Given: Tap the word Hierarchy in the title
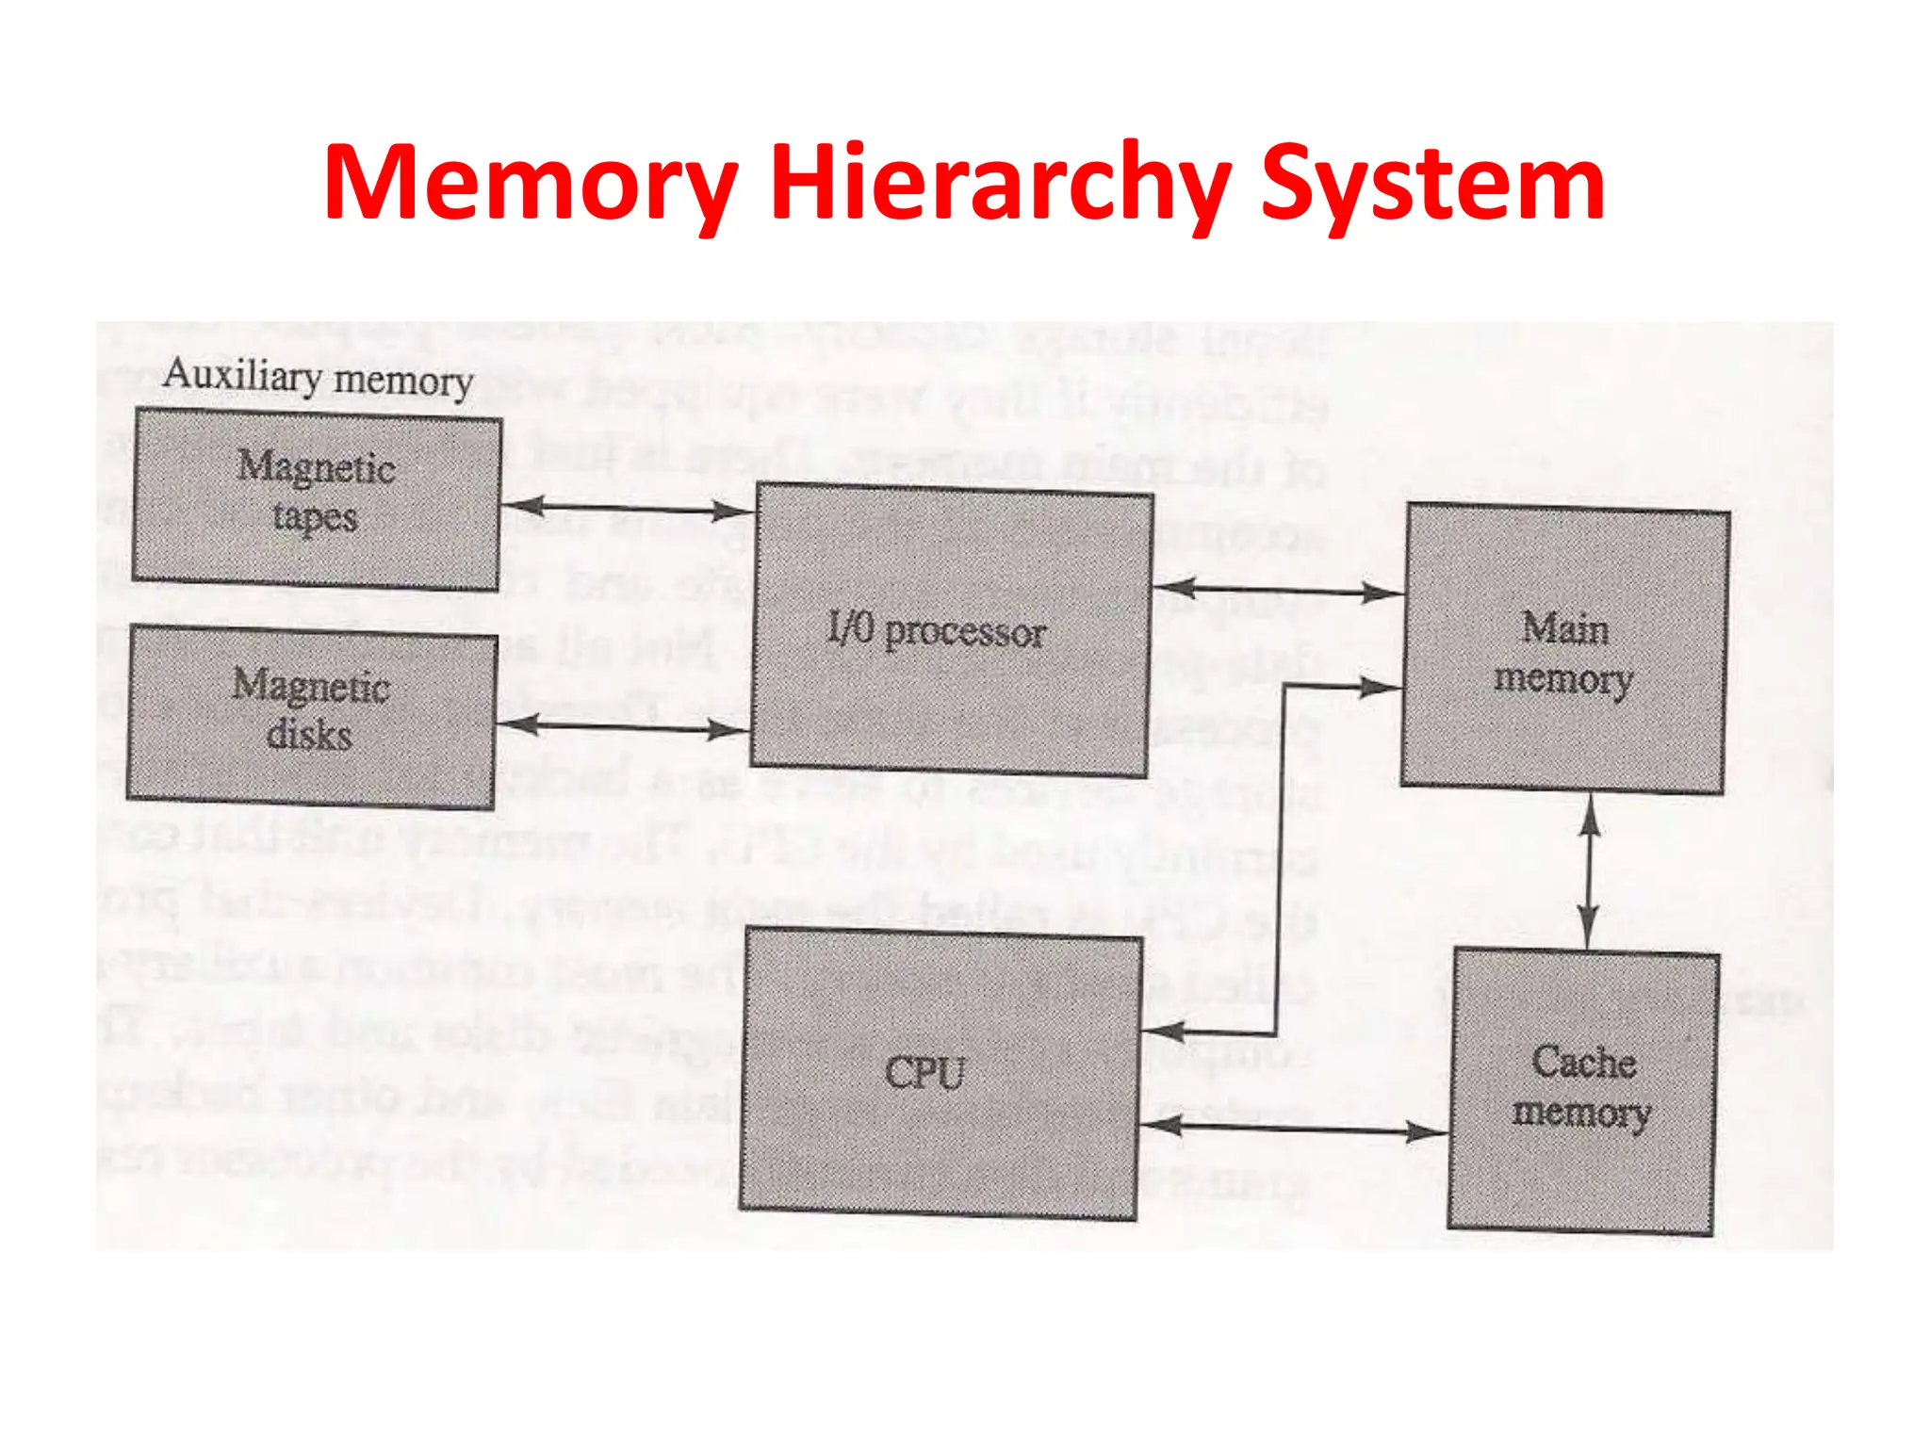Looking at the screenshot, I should point(1000,183).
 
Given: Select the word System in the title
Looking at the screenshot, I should point(1432,183).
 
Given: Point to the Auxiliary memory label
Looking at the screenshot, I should point(318,378).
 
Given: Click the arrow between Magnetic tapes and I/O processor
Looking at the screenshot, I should point(628,509).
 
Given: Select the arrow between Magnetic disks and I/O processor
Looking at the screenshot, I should point(622,726).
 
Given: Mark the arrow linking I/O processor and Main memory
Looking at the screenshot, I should point(1278,591).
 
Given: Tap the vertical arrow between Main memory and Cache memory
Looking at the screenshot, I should point(1589,871).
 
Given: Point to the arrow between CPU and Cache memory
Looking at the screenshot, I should point(1293,1128).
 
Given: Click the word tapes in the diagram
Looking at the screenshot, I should point(315,517).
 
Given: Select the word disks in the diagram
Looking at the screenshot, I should point(309,735).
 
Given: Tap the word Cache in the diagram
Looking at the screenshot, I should point(1583,1063).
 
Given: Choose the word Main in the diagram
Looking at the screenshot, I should point(1565,628).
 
